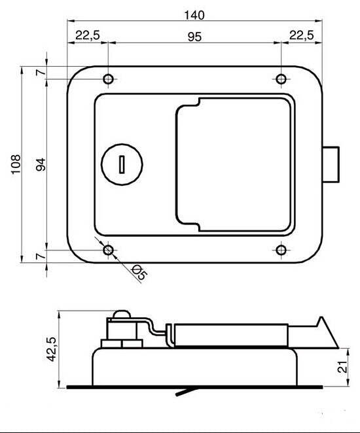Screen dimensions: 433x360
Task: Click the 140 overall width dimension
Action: point(194,15)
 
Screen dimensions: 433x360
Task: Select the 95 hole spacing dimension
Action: point(194,37)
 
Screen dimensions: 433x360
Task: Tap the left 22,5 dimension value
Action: point(87,35)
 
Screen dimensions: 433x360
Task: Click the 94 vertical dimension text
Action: point(41,164)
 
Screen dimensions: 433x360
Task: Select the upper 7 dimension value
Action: point(41,72)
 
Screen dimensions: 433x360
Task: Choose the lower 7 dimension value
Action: point(41,256)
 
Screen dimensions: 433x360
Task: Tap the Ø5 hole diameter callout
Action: point(139,273)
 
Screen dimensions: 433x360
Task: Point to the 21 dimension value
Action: point(340,368)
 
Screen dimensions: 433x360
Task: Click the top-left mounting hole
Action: point(108,79)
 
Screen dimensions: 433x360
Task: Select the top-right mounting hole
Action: point(281,79)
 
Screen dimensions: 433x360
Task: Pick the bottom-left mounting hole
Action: point(108,250)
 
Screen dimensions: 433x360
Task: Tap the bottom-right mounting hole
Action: point(281,250)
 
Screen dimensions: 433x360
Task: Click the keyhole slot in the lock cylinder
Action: point(122,164)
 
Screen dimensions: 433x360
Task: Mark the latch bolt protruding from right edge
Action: point(332,164)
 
